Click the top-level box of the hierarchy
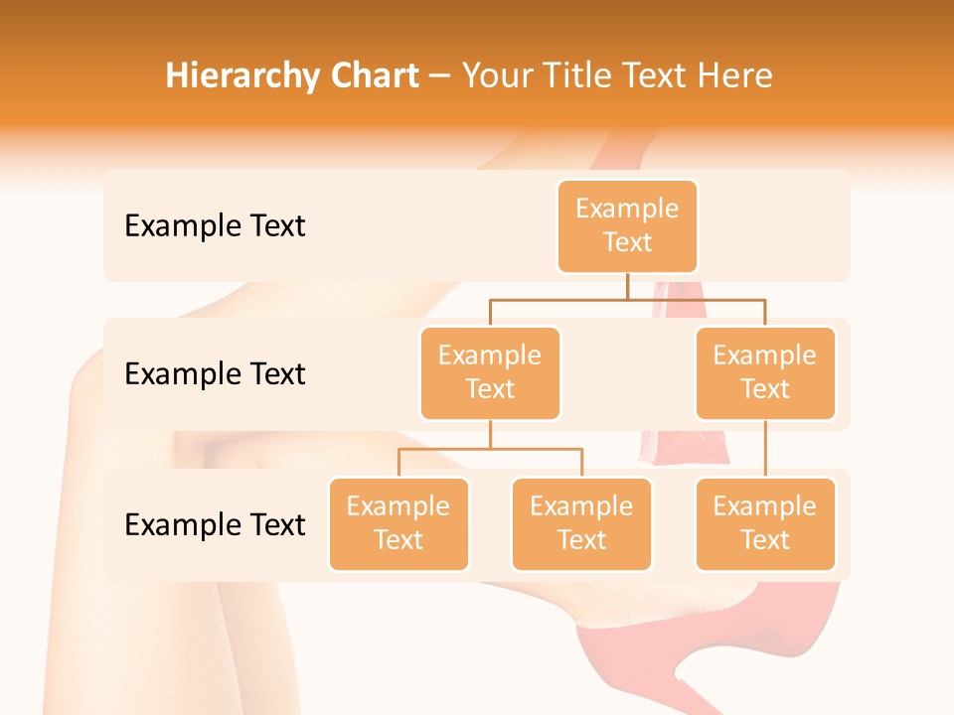pyautogui.click(x=627, y=226)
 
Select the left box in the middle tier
pyautogui.click(x=490, y=373)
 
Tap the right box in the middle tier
pyautogui.click(x=765, y=373)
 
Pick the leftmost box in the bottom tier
pyautogui.click(x=398, y=524)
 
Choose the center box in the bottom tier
pyautogui.click(x=581, y=524)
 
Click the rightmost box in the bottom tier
pyautogui.click(x=765, y=524)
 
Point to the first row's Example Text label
pyautogui.click(x=215, y=226)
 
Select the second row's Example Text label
pyautogui.click(x=215, y=374)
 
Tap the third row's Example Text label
pyautogui.click(x=215, y=525)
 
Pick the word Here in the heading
pyautogui.click(x=736, y=75)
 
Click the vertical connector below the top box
pyautogui.click(x=627, y=286)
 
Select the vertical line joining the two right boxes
pyautogui.click(x=765, y=449)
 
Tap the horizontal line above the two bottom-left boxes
pyautogui.click(x=490, y=449)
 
